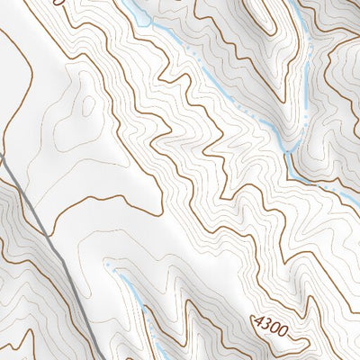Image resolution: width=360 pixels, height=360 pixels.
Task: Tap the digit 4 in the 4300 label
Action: click(x=258, y=321)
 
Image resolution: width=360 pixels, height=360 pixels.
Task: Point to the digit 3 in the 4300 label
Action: click(x=266, y=325)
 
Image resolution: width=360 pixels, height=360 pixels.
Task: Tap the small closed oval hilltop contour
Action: click(x=89, y=106)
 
